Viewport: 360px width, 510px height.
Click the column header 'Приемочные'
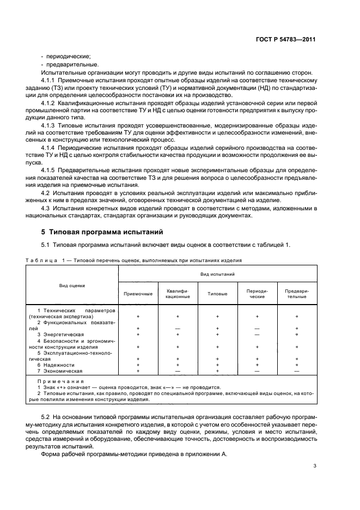click(138, 294)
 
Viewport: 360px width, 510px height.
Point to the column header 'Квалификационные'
click(178, 294)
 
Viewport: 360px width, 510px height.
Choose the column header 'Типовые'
click(217, 294)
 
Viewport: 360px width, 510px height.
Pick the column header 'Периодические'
click(257, 294)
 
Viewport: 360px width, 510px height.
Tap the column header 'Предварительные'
click(297, 294)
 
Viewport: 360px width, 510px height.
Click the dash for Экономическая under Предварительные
click(297, 371)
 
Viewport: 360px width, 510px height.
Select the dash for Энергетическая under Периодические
click(257, 334)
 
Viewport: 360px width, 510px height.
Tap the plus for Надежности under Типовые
click(217, 365)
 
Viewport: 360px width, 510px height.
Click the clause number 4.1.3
click(50, 124)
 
